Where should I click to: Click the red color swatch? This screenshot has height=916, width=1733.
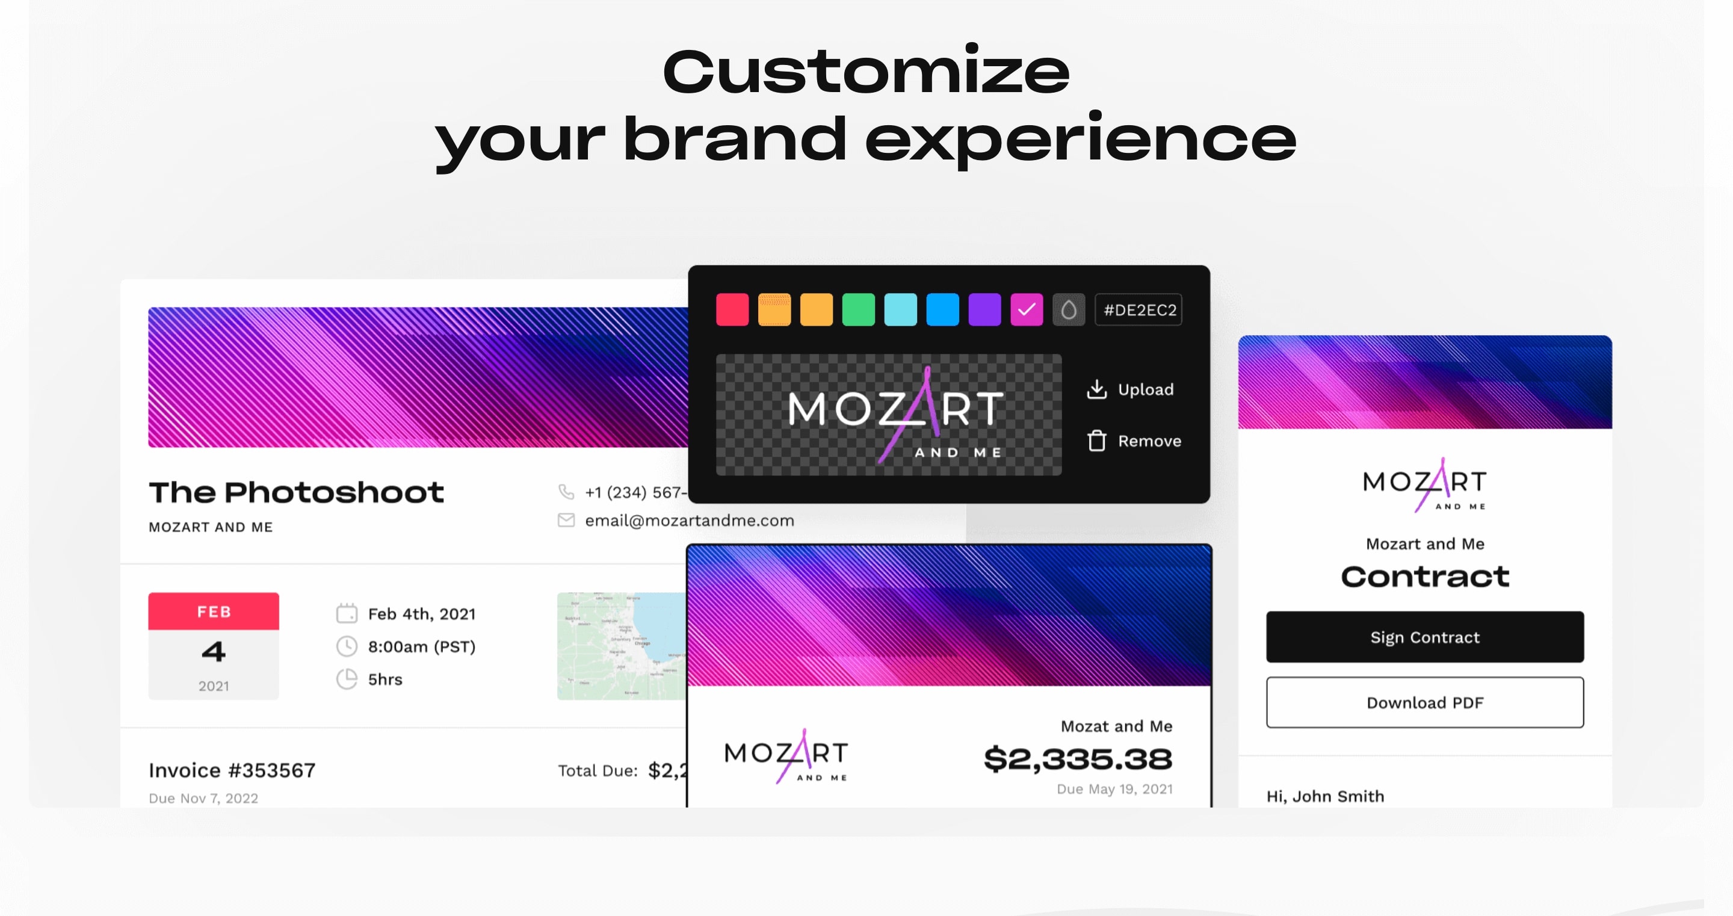click(732, 309)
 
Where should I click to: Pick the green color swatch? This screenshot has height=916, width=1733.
click(859, 309)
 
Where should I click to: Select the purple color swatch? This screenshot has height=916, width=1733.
click(984, 309)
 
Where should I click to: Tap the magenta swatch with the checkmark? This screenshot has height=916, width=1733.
click(1027, 309)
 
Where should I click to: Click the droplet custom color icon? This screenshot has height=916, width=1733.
click(1068, 309)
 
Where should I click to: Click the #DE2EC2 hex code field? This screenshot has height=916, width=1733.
click(1139, 309)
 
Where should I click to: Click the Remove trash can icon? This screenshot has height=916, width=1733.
click(1096, 441)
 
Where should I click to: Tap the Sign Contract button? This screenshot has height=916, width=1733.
click(1425, 637)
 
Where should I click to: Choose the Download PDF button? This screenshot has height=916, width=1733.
click(1425, 702)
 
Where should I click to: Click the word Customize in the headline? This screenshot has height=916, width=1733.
click(866, 72)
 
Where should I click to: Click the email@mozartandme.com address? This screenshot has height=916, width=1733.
click(689, 520)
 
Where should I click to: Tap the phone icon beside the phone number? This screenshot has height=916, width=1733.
click(566, 492)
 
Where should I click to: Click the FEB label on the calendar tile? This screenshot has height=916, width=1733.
click(214, 611)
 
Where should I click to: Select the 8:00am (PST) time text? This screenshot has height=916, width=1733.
click(421, 646)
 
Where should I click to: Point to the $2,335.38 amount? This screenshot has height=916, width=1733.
click(1078, 758)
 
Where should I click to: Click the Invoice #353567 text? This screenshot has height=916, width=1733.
click(232, 770)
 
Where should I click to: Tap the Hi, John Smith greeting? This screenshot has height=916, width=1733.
click(1325, 796)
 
